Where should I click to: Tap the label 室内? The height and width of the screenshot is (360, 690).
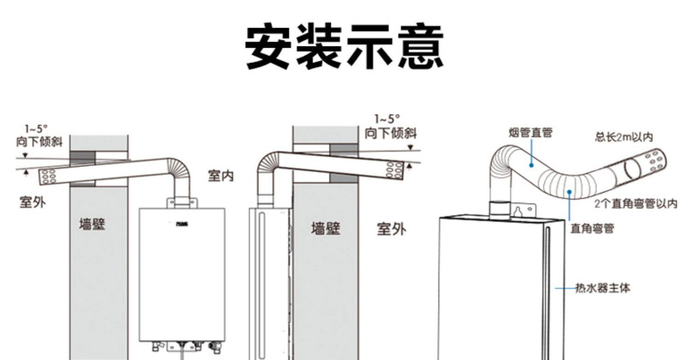[x=221, y=175]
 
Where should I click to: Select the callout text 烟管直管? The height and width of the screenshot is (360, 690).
[x=530, y=133]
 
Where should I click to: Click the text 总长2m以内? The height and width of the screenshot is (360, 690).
[x=624, y=137]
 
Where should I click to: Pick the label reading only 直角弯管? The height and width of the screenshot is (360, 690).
[x=592, y=228]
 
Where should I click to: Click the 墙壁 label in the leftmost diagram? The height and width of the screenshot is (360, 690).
[x=92, y=224]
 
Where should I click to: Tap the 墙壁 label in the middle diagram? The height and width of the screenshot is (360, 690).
[x=326, y=228]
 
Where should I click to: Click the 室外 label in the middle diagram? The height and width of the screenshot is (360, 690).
[x=391, y=229]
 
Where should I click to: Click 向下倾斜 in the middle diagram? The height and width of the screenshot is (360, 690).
[x=391, y=133]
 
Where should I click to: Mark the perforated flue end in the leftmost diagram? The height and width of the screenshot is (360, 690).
[x=48, y=176]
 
